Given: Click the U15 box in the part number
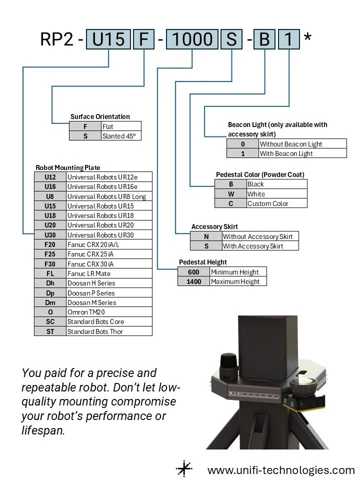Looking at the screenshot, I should [108, 39].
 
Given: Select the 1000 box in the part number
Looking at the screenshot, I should [192, 39].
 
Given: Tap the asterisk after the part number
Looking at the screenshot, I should [307, 37].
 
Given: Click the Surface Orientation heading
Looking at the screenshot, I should [100, 116].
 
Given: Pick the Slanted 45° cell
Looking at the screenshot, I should [121, 136].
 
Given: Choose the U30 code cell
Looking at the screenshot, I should [50, 235].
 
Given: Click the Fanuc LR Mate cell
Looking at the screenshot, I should [108, 273].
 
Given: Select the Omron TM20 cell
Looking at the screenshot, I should [108, 312].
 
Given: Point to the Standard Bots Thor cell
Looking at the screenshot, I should [108, 331].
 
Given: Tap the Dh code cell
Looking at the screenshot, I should [50, 283].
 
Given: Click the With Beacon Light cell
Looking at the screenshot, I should [302, 153].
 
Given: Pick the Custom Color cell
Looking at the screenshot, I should [276, 203].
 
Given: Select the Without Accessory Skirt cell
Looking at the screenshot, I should [260, 236].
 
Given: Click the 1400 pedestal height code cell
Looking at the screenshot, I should [193, 281].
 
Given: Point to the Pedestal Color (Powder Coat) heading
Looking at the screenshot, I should [260, 174].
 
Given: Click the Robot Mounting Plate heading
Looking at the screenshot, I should [67, 167].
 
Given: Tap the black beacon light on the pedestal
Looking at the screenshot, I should [228, 366].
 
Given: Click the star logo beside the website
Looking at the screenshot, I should [184, 469].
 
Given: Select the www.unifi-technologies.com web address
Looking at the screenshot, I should [281, 470].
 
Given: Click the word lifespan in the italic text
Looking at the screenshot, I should [43, 430].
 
